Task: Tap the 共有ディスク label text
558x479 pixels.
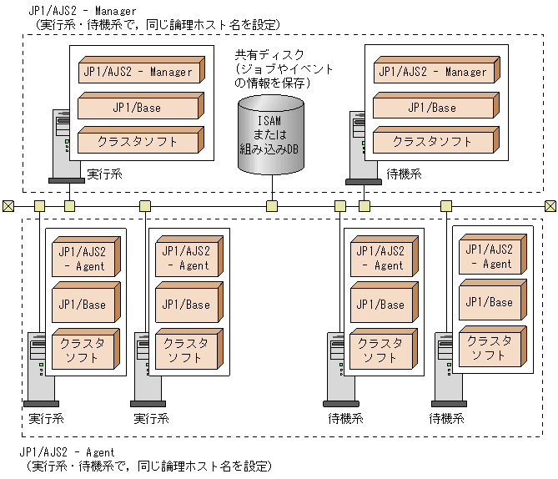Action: [272, 55]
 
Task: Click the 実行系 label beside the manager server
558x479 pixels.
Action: [104, 174]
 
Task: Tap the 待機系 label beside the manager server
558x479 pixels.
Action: [405, 174]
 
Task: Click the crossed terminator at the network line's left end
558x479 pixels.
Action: [8, 206]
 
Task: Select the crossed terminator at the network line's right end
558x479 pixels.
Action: [550, 206]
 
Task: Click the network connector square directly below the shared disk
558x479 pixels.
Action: [271, 206]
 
